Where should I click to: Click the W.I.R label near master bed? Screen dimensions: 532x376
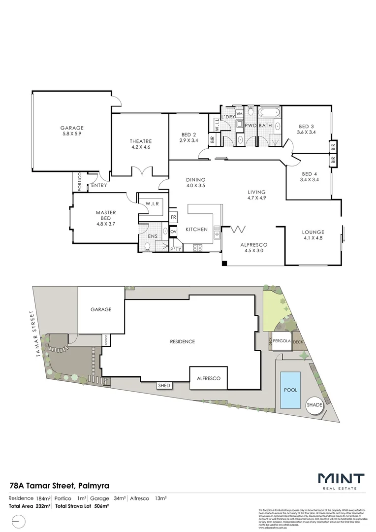[x=152, y=203]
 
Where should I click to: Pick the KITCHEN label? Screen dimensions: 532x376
[x=196, y=229]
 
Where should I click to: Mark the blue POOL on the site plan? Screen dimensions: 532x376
[x=290, y=390]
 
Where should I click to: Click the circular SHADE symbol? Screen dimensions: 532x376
[x=314, y=405]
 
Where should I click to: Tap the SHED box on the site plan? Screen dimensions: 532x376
[x=164, y=385]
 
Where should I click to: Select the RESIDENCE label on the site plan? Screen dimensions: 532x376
[x=182, y=341]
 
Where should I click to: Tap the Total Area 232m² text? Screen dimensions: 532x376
[x=30, y=506]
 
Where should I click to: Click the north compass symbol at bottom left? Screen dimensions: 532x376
[x=18, y=520]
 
